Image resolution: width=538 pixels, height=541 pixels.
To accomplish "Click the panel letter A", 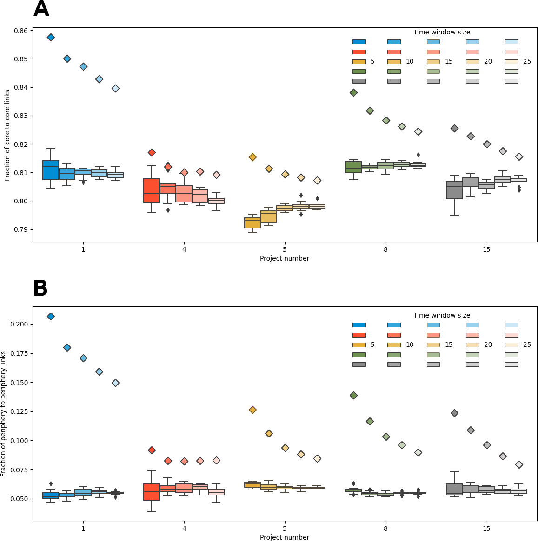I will tap(41, 9).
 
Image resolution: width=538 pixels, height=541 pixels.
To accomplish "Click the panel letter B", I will tap(40, 289).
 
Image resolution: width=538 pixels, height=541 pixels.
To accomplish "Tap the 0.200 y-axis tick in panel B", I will tap(20, 324).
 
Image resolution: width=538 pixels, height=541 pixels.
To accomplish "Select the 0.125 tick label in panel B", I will tap(20, 411).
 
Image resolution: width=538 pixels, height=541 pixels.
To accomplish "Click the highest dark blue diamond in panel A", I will tap(51, 37).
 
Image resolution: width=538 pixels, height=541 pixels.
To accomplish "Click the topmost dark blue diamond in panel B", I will tap(51, 316).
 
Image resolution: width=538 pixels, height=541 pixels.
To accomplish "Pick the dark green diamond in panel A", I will tap(353, 92).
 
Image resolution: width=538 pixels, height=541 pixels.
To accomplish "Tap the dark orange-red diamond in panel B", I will tap(152, 450).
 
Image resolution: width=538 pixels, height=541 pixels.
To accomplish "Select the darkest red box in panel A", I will tap(152, 190).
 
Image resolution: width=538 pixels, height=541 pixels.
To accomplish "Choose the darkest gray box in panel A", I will tap(454, 190).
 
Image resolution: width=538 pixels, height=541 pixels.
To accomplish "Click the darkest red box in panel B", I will tap(152, 492).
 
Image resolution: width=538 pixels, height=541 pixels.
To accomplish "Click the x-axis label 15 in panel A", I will tap(486, 249).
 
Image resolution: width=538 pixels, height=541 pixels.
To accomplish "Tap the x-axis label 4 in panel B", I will tap(184, 528).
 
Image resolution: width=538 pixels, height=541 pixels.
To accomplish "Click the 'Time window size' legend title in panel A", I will tap(441, 32).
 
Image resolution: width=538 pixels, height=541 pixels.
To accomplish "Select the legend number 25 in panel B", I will tap(527, 345).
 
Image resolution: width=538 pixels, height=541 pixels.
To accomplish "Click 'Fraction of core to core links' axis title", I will tap(7, 135).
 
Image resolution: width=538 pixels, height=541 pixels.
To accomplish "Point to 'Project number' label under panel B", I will tap(284, 537).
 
